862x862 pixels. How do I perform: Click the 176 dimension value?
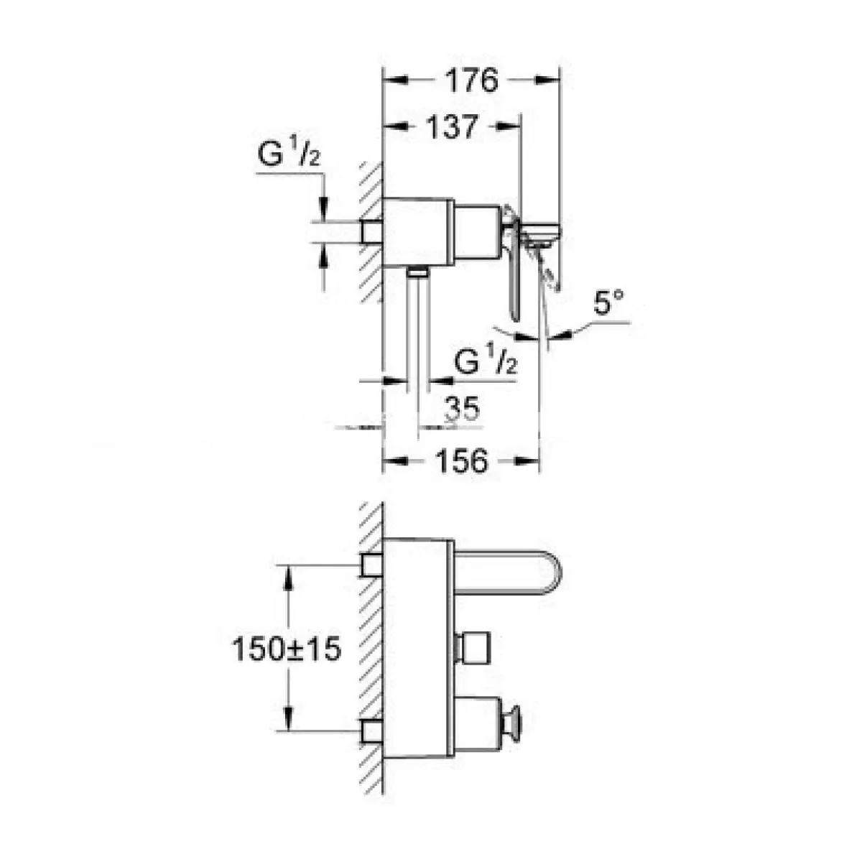(x=471, y=81)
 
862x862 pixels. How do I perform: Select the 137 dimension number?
(x=453, y=127)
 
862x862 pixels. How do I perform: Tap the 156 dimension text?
(x=461, y=461)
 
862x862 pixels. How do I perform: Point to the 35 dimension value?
(x=463, y=409)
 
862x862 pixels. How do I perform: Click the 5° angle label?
(x=608, y=303)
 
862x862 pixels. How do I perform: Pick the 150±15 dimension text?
(x=287, y=649)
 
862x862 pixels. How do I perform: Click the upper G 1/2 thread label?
(x=289, y=152)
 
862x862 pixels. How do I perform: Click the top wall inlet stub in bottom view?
(x=371, y=564)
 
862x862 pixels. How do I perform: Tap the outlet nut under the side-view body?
(x=418, y=272)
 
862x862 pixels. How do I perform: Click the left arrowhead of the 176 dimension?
(x=396, y=81)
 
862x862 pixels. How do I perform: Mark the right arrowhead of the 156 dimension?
(x=527, y=461)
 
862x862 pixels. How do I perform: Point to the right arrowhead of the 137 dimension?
(x=509, y=127)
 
